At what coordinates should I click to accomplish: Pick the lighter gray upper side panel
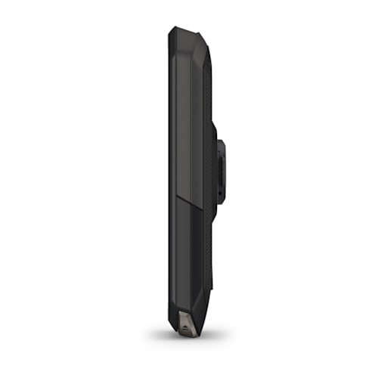187,121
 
